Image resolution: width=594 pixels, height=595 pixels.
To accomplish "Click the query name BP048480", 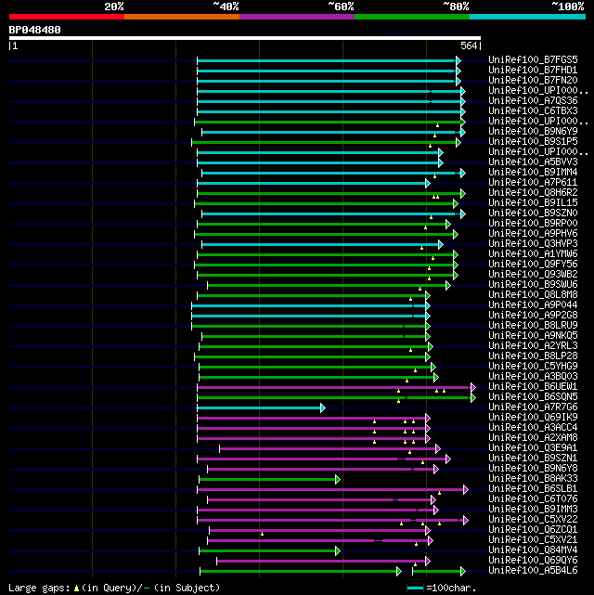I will point(35,30).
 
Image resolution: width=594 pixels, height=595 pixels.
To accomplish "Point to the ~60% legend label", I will point(341,6).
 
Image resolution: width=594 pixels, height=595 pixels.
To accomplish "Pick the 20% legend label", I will point(114,6).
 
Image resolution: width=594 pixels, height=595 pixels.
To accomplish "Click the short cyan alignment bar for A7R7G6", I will point(260,407).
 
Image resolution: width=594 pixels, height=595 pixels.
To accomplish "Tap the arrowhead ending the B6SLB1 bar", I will point(465,489).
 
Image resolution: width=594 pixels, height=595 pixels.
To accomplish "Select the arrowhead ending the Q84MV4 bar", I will point(337,550).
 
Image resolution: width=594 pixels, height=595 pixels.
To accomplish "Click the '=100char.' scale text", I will point(455,588).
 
